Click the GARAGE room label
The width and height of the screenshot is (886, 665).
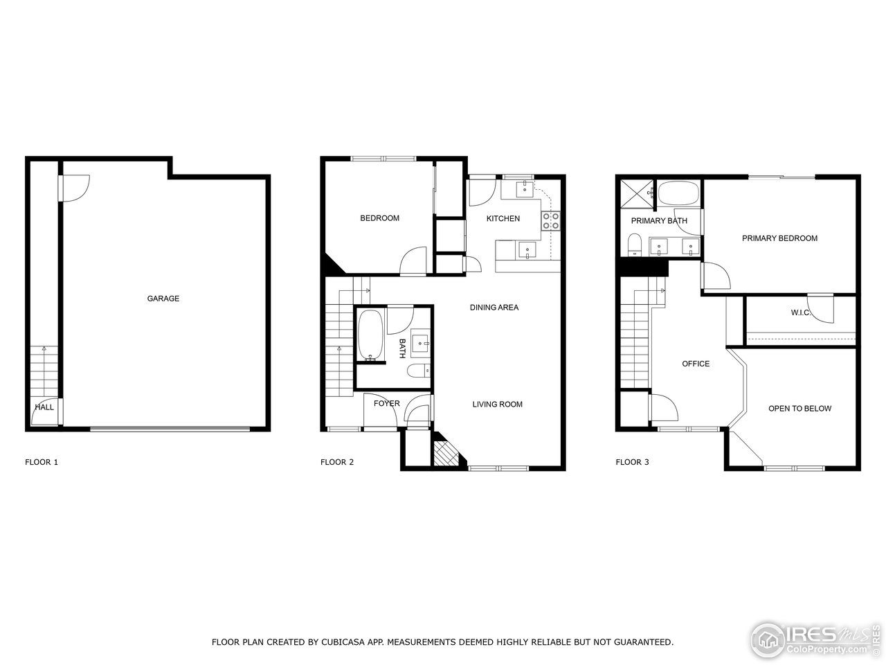pos(163,299)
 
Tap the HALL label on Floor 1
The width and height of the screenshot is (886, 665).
pos(44,407)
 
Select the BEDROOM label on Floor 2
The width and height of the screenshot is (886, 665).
pos(379,218)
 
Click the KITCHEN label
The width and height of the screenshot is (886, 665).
pos(503,219)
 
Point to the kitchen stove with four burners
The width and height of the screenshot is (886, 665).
pos(551,220)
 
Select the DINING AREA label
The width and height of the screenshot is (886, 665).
pos(494,308)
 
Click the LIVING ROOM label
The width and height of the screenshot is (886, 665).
pos(497,405)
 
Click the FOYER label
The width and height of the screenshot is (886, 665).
pos(386,404)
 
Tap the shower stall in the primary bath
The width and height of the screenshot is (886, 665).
pos(636,193)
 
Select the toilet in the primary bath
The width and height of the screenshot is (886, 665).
pos(633,245)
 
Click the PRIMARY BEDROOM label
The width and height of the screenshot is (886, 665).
pos(779,238)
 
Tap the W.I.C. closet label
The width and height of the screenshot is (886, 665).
pos(801,312)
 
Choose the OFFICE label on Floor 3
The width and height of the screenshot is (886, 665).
pos(696,364)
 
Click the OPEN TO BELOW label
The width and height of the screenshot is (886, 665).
pos(799,409)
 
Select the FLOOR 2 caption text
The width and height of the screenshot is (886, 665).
pos(337,462)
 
